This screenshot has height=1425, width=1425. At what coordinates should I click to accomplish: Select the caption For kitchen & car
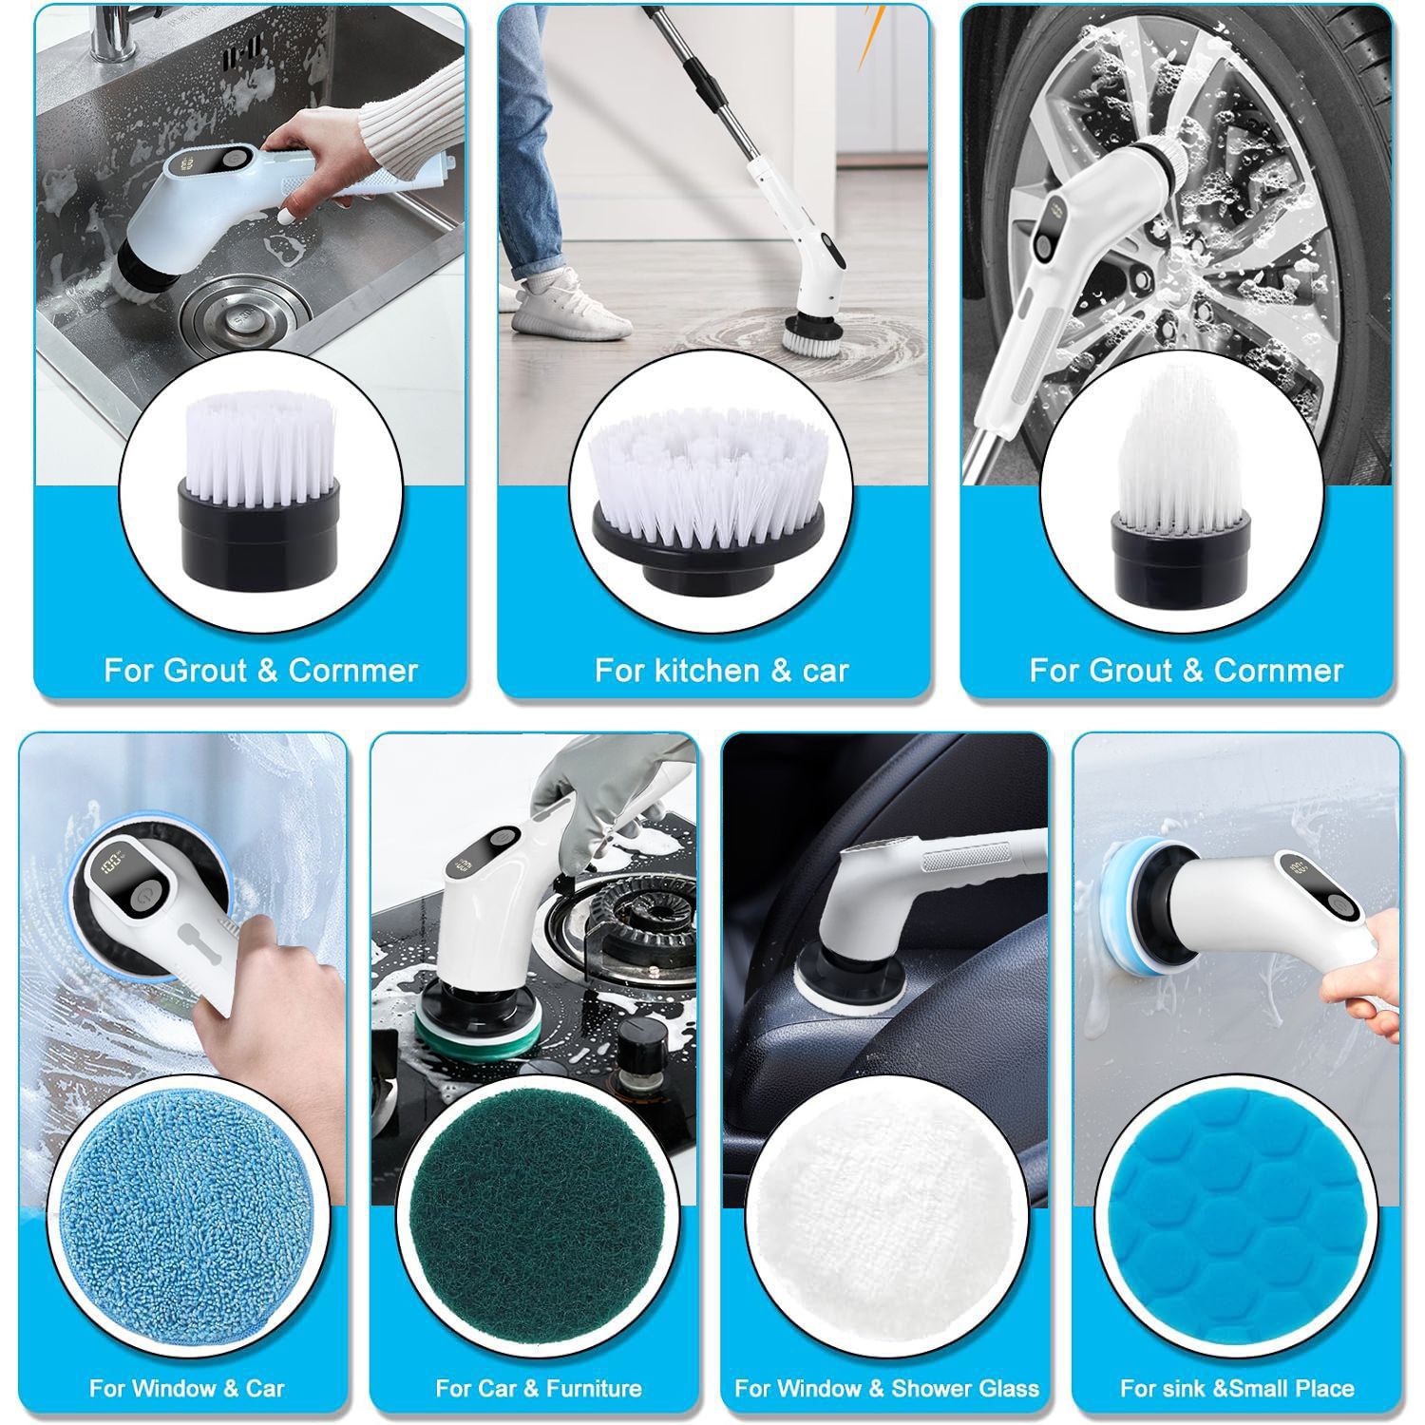tap(721, 671)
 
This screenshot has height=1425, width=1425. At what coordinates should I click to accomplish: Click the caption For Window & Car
tap(186, 1388)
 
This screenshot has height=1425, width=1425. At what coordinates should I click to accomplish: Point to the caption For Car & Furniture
tap(538, 1388)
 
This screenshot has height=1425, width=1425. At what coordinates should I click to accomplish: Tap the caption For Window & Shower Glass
tap(886, 1388)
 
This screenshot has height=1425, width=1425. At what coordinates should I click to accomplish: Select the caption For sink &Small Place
tap(1236, 1388)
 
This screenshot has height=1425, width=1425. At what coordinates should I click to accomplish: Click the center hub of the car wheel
tap(1140, 275)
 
